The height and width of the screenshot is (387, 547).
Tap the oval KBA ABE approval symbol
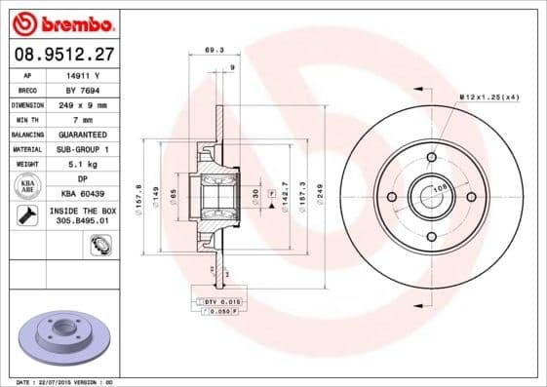(28, 186)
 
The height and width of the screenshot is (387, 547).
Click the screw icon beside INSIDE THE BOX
(27, 216)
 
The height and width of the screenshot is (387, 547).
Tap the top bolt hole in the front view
(431, 156)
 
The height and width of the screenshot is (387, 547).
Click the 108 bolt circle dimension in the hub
(439, 188)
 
